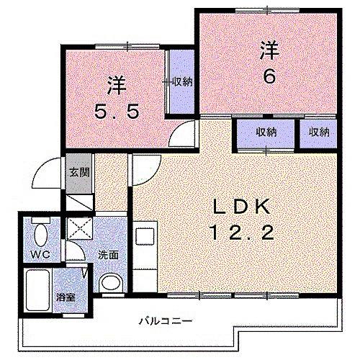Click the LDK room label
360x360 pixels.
point(240,207)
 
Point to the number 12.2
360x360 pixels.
point(240,232)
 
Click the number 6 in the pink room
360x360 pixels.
point(269,76)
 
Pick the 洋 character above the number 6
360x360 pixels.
point(269,50)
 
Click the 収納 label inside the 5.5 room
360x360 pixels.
point(182,81)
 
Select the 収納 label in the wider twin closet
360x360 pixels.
point(266,132)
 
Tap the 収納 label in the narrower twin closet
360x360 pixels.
point(319,132)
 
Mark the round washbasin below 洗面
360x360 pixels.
point(110,283)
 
